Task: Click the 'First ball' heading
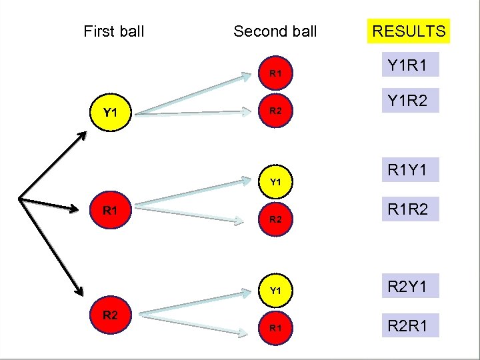coord(114,31)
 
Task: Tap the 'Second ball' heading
coord(275,31)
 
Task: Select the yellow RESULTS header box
coord(409,31)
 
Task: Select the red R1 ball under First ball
coord(111,211)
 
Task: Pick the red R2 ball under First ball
coord(111,315)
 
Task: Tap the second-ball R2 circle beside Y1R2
coord(275,112)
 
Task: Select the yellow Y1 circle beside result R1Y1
coord(275,181)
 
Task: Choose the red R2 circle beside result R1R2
coord(275,219)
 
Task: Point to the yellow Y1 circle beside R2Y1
coord(275,291)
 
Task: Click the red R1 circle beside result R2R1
coord(275,328)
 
